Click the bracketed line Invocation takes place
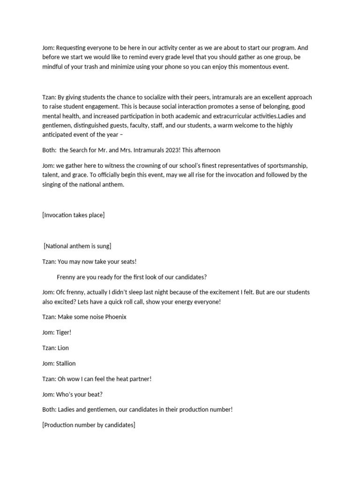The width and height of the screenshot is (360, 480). click(73, 215)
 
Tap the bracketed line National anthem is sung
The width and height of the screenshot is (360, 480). click(77, 246)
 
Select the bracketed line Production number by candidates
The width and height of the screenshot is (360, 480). click(89, 425)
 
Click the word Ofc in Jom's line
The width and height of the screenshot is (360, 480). click(61, 292)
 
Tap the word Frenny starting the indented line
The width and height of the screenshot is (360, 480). click(67, 277)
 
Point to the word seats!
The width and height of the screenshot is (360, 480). click(127, 261)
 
